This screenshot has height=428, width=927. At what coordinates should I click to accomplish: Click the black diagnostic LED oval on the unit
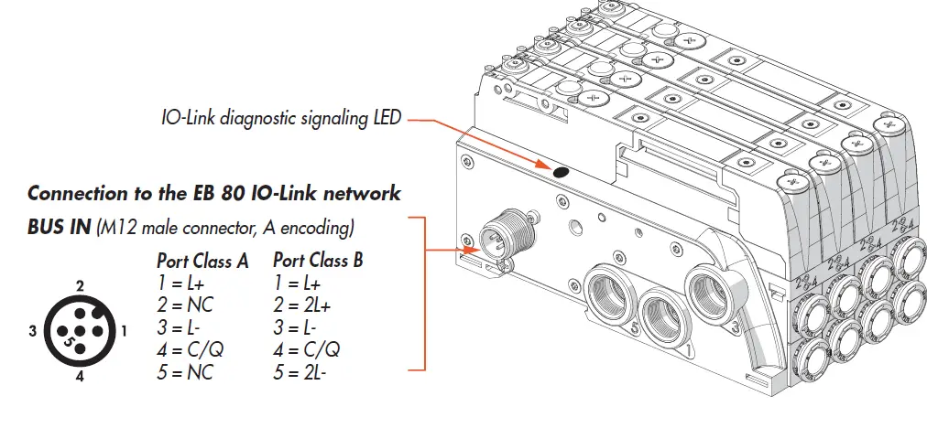(x=562, y=171)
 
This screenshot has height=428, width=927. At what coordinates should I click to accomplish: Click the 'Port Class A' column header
(x=202, y=261)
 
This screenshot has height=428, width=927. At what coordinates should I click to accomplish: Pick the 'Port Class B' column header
(x=318, y=261)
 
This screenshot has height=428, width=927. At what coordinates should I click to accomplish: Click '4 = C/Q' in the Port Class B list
(x=307, y=348)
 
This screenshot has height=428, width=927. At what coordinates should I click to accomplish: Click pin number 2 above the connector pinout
(x=80, y=286)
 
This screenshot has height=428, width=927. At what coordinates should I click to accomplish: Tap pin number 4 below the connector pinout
(x=80, y=376)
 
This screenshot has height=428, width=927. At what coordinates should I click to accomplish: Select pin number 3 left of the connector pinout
(x=32, y=331)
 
